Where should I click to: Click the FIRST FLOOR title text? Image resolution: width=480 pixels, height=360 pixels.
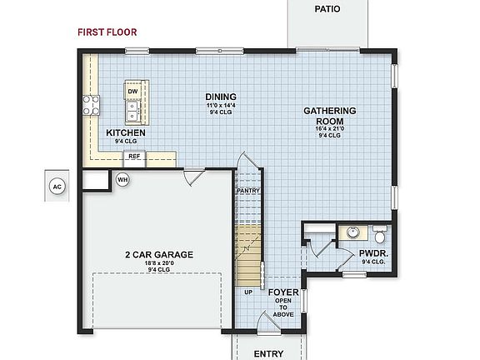(x=107, y=32)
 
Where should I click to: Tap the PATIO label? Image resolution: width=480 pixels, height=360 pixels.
(x=327, y=10)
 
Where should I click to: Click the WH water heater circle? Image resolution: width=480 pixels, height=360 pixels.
(x=122, y=179)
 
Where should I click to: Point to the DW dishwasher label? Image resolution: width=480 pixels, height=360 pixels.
(x=132, y=92)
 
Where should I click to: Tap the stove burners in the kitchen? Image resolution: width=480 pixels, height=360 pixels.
(x=90, y=105)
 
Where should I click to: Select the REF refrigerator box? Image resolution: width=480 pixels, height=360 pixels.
(x=133, y=156)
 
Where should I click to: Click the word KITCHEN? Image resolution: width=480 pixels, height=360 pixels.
(x=126, y=132)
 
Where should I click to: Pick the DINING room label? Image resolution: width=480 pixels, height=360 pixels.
(x=221, y=97)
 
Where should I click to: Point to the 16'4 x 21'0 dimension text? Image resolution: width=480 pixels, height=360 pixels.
(x=329, y=128)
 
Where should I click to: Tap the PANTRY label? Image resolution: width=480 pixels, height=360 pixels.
(x=247, y=190)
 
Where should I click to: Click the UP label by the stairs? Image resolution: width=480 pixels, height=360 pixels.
(x=248, y=292)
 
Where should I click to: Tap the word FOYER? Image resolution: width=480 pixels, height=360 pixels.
(x=283, y=292)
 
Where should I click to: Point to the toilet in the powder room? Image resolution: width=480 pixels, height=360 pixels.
(x=379, y=231)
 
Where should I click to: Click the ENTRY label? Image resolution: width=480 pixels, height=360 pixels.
(x=268, y=353)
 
